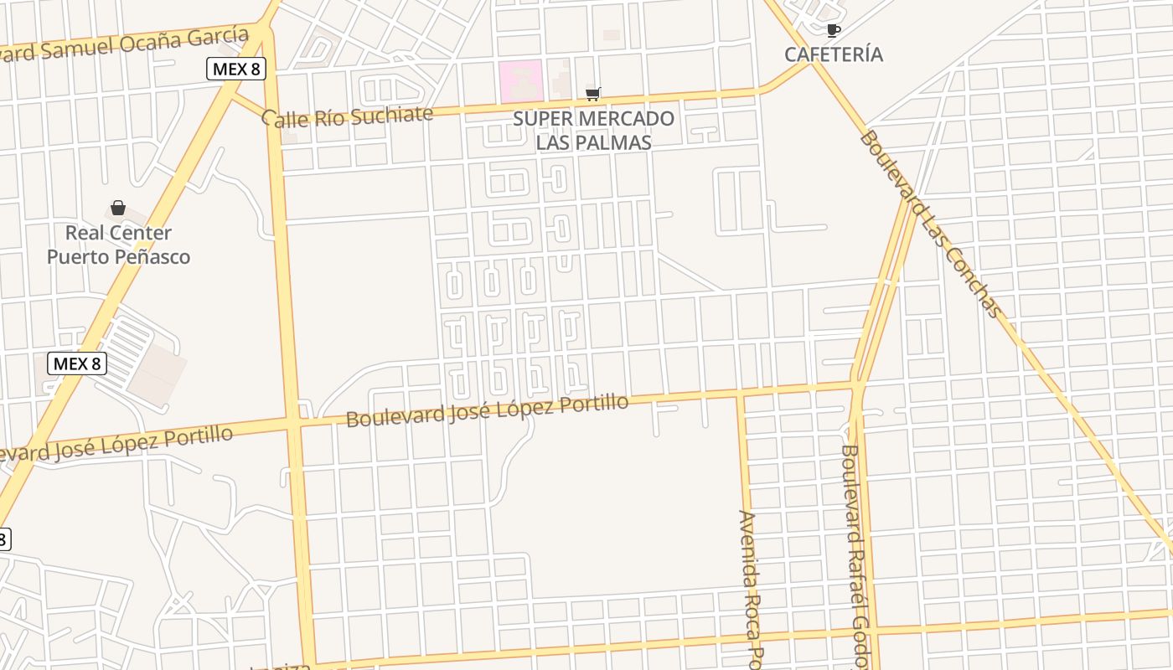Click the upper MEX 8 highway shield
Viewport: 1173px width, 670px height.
236,69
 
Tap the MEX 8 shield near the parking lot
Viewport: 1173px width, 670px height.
77,363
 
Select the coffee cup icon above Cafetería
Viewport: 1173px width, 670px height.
833,31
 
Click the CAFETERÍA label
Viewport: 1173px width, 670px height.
833,54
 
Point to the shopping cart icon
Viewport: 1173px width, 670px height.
593,94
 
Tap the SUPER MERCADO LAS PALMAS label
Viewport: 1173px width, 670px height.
593,131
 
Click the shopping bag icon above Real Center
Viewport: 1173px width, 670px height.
118,208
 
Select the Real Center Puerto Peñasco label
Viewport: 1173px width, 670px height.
118,245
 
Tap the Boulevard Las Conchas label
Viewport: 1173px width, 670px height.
930,224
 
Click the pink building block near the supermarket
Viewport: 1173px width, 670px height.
520,81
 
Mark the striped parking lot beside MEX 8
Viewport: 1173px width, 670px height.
127,352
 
